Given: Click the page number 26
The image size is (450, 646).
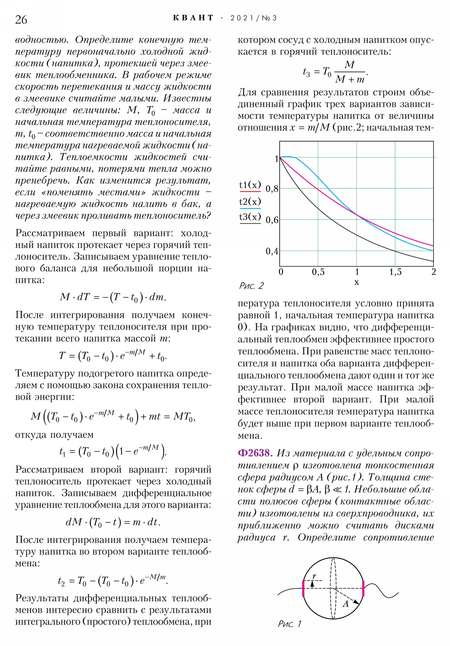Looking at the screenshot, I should (x=21, y=20).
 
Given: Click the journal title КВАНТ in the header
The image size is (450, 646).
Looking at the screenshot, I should (x=193, y=18).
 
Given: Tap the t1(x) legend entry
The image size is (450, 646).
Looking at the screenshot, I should (x=250, y=185).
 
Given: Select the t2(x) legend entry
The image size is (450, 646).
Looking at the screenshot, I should (x=250, y=201).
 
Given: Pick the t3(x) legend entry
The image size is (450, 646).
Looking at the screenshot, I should (x=250, y=217).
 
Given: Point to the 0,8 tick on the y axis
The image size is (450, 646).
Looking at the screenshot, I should (x=272, y=188).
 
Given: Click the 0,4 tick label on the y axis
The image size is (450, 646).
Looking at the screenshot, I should (x=272, y=251).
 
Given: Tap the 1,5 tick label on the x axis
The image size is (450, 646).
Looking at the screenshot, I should (x=395, y=272).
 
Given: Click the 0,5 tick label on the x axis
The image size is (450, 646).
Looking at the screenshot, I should (x=318, y=272).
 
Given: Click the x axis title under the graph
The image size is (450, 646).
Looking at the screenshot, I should (x=356, y=282).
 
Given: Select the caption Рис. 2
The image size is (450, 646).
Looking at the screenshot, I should (x=251, y=286).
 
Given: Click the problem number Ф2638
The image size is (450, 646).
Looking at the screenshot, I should (x=255, y=453).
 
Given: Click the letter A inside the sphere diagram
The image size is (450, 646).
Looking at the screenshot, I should (x=345, y=604).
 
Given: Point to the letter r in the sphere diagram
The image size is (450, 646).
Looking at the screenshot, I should (x=314, y=577).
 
